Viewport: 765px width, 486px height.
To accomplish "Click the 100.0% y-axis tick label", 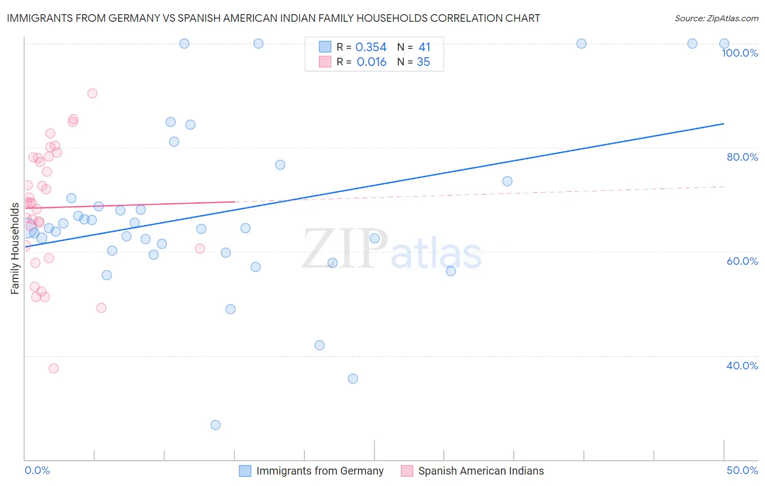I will (x=739, y=53).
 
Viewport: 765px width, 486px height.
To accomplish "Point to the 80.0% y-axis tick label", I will (x=742, y=157).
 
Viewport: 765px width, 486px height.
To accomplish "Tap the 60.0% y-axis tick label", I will (x=742, y=261).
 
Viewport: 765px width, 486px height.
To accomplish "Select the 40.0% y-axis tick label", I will (x=742, y=366).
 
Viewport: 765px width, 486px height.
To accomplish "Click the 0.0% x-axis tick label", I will (x=37, y=470).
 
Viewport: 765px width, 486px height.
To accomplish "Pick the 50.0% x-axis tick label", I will (x=742, y=470).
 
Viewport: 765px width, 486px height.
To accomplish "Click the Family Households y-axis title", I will (x=15, y=248).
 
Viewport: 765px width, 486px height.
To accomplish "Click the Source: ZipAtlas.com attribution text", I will (x=716, y=18).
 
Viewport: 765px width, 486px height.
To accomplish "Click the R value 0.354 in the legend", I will (x=371, y=47).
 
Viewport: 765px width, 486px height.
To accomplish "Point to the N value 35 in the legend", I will (x=423, y=62).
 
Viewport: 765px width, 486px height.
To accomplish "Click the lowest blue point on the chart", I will (x=215, y=425).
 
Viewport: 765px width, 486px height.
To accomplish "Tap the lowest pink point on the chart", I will (x=53, y=368).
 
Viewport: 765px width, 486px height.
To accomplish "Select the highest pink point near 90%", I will (x=92, y=93).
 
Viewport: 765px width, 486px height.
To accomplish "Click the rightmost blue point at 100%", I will (x=724, y=44).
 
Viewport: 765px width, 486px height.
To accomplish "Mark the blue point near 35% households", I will (x=353, y=379).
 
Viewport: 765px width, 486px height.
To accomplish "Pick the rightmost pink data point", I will (x=200, y=248).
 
